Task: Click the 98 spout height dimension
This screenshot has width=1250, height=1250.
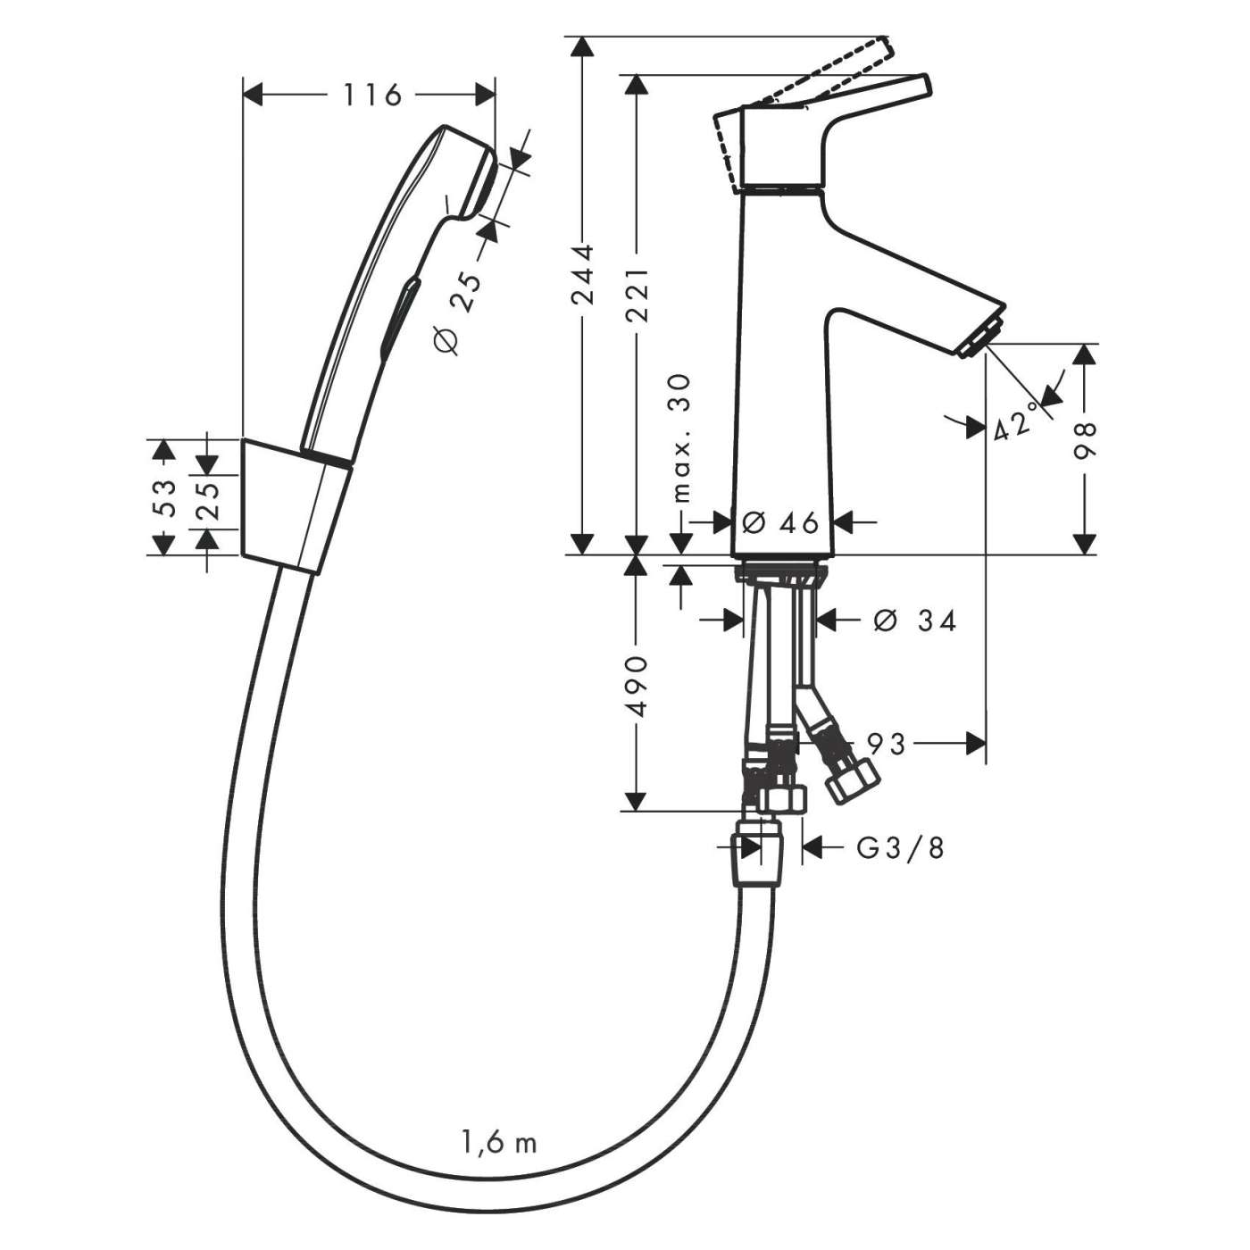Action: tap(1084, 439)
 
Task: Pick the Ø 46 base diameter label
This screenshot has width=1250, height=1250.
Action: tap(780, 522)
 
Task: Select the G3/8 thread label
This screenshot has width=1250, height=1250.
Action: tap(899, 847)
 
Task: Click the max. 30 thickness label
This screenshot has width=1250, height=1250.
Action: tap(682, 437)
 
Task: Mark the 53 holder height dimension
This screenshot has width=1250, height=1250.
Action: tap(163, 496)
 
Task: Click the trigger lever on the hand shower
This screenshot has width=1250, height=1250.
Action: tap(397, 312)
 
